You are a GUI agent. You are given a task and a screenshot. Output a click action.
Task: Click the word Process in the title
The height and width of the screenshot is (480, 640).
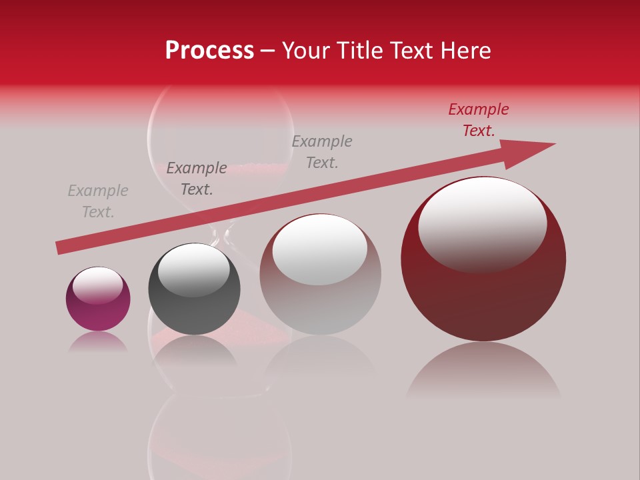tap(209, 51)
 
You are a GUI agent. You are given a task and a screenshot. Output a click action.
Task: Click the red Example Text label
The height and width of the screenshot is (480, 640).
tap(479, 120)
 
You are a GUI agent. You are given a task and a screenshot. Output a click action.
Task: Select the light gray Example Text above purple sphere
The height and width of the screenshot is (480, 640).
tap(98, 201)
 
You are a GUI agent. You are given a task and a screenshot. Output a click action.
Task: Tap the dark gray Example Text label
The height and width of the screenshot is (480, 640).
tap(197, 179)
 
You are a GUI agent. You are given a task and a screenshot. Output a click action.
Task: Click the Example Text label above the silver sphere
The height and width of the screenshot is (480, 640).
tap(322, 151)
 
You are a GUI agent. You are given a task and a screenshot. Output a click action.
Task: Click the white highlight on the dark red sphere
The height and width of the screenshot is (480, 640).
tap(482, 223)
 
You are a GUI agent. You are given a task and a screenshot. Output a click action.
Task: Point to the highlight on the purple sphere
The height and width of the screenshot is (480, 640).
tap(97, 285)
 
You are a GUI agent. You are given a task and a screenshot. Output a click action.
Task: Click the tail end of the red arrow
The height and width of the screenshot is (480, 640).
tap(61, 247)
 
